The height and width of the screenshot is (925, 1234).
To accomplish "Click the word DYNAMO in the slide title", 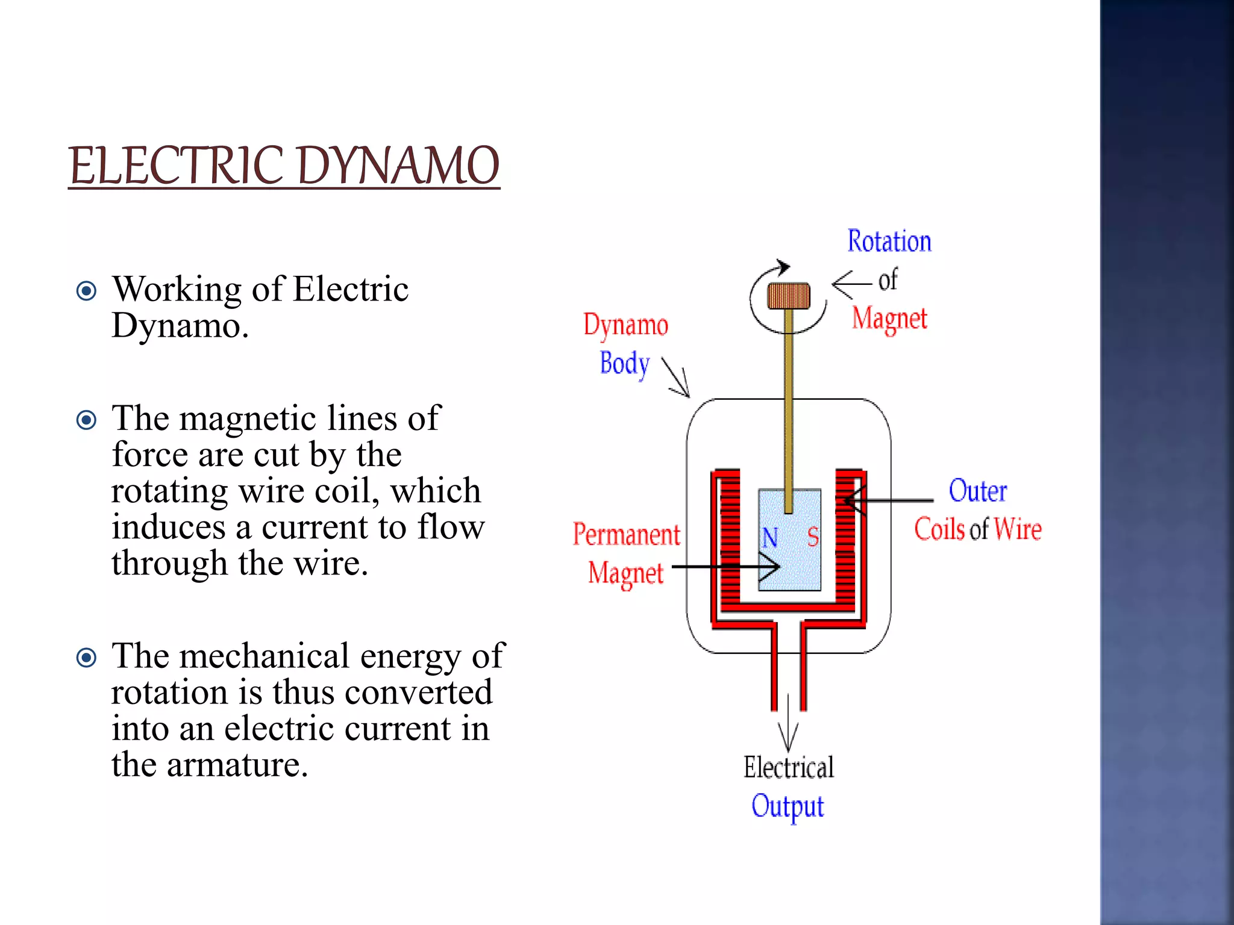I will pyautogui.click(x=398, y=166).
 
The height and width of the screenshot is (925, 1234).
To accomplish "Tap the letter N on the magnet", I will pyautogui.click(x=770, y=537).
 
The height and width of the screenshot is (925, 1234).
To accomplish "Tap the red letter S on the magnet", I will pyautogui.click(x=813, y=537).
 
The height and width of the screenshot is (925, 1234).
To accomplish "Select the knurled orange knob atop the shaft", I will pyautogui.click(x=789, y=296).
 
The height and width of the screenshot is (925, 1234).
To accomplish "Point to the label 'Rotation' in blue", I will pyautogui.click(x=889, y=241).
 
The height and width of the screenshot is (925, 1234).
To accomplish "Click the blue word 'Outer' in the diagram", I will pyautogui.click(x=977, y=491).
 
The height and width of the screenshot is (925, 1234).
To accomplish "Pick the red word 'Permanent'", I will pyautogui.click(x=626, y=534).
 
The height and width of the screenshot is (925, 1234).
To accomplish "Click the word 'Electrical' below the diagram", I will pyautogui.click(x=788, y=767).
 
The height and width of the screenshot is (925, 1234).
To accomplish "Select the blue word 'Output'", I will pyautogui.click(x=787, y=806).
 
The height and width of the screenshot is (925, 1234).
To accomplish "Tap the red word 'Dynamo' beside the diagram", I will pyautogui.click(x=625, y=325).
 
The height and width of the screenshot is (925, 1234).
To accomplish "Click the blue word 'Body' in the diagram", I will pyautogui.click(x=625, y=364).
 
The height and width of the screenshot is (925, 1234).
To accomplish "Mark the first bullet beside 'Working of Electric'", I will pyautogui.click(x=87, y=291).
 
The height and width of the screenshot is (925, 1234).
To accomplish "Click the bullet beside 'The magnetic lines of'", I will pyautogui.click(x=87, y=420).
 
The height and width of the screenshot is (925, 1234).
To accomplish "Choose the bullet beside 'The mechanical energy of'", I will pyautogui.click(x=87, y=658).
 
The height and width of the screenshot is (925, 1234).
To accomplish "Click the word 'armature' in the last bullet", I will pyautogui.click(x=237, y=765).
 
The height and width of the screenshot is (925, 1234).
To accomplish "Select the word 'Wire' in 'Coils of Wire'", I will pyautogui.click(x=1018, y=529).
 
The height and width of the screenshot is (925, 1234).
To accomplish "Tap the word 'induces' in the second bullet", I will pyautogui.click(x=169, y=527).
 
